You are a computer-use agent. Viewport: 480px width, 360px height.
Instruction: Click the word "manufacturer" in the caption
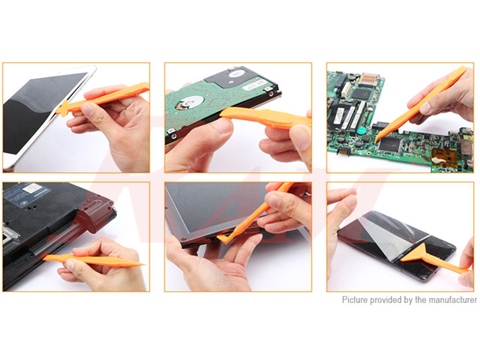point(448,300)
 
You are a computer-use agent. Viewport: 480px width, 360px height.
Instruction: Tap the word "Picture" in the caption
point(358,300)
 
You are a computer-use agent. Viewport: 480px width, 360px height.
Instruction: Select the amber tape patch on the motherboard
point(443,158)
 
